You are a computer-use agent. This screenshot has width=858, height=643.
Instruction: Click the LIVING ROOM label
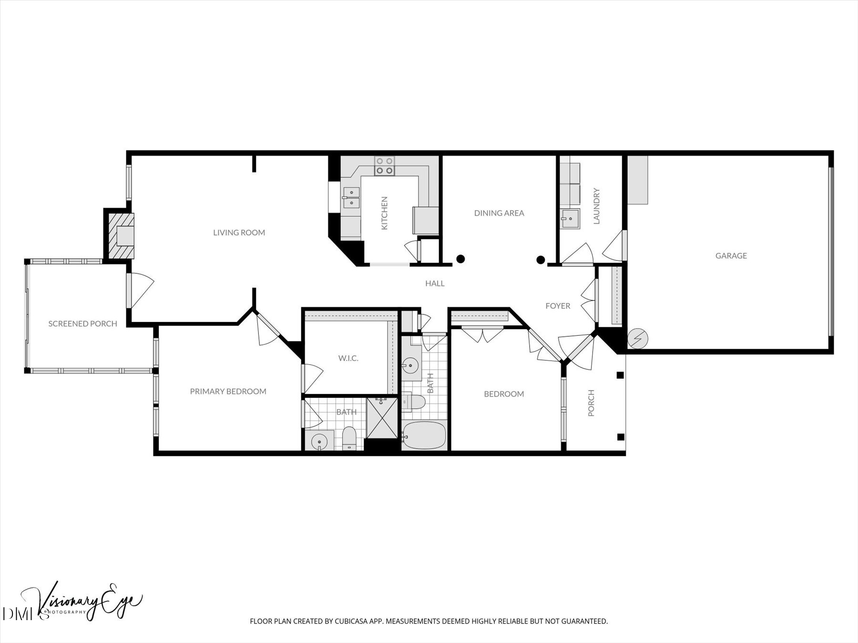coord(239,232)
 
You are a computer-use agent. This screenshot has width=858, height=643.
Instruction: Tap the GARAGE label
coord(731,256)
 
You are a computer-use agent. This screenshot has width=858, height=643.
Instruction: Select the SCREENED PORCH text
coord(82,324)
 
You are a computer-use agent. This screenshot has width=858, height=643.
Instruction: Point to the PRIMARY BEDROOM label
coord(228,392)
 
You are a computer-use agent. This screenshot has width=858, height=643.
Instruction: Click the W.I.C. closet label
coord(348,358)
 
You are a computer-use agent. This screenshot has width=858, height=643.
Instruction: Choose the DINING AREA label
coord(499,213)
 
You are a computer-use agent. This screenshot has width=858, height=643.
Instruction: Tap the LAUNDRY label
coord(596,206)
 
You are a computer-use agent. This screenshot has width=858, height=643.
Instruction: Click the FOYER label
coord(558,306)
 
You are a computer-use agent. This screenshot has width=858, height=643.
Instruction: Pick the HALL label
coord(435,283)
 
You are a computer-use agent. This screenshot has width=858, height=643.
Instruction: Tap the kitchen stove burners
coord(384,165)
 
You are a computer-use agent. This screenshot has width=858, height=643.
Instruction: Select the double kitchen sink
coord(351,198)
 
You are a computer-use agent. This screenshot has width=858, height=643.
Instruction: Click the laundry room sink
coord(570,219)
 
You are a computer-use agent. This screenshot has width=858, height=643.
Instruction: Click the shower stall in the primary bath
coord(382,418)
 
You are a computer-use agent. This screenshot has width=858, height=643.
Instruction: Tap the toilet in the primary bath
coord(349,438)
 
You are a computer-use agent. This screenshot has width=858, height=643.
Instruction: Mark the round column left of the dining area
coord(460,259)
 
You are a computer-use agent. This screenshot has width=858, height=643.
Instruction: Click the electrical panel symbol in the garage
coord(638,339)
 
